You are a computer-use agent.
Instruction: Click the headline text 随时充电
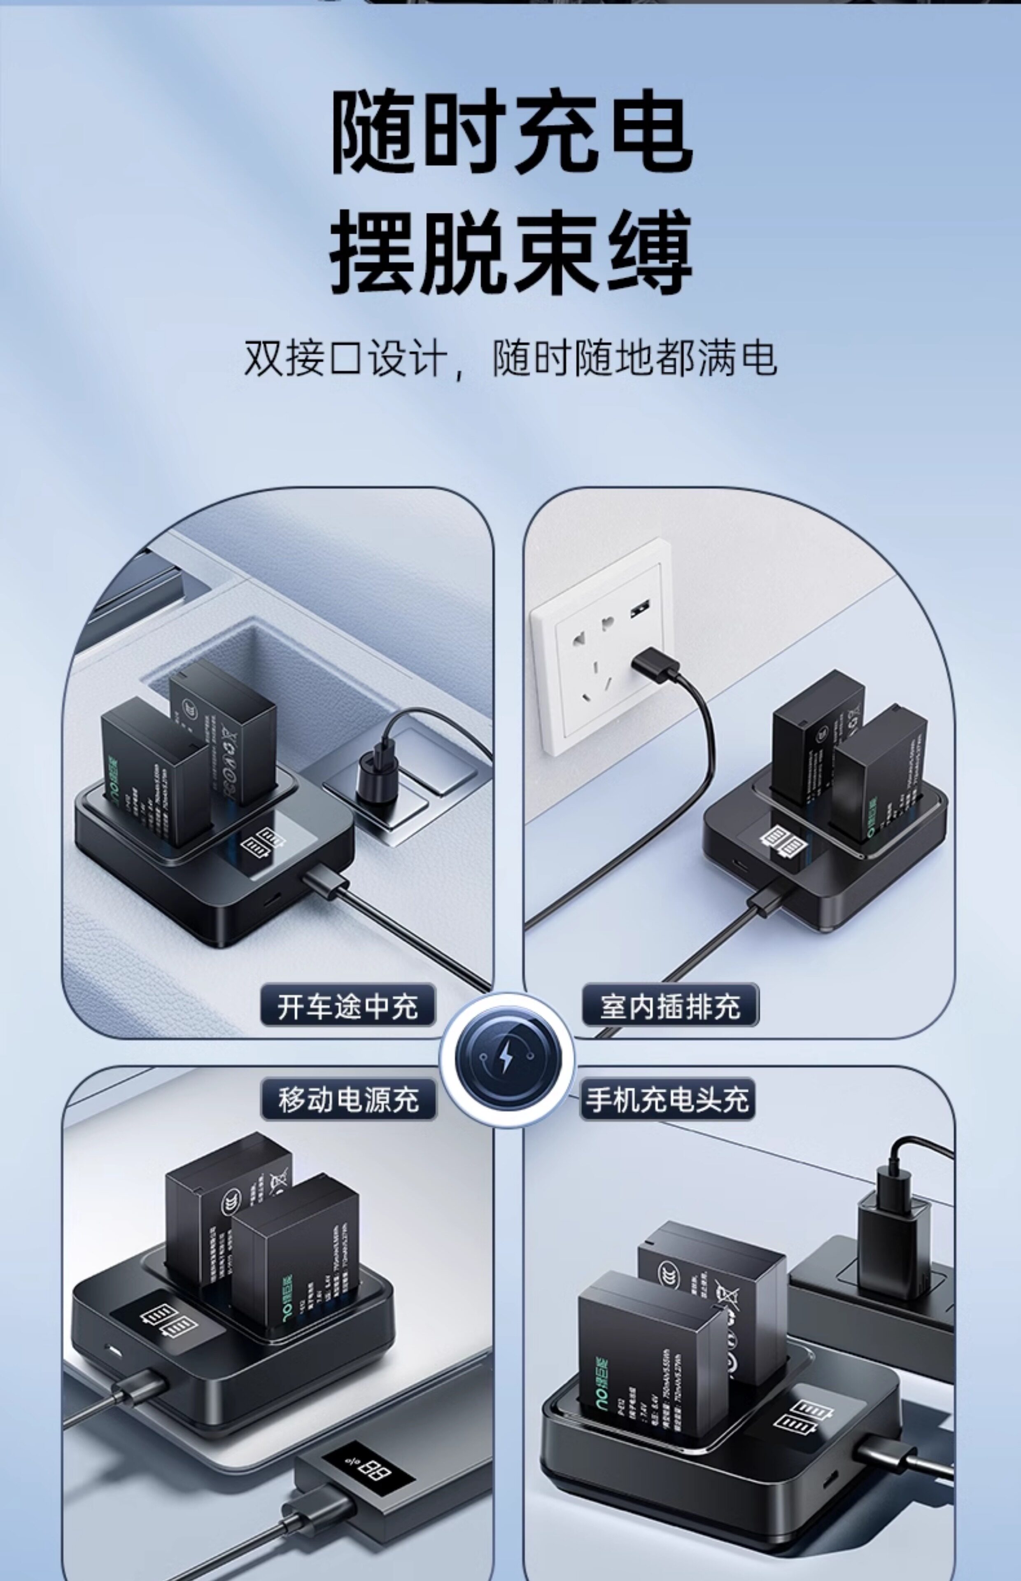click(510, 131)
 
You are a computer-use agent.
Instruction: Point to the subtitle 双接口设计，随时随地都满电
click(510, 359)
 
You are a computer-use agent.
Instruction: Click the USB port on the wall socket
click(641, 608)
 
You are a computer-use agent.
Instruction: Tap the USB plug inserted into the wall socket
click(654, 664)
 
